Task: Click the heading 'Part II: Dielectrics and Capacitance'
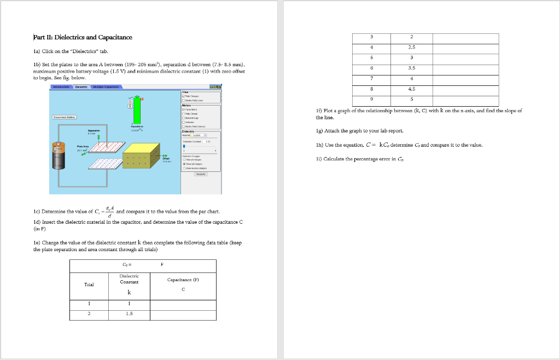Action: click(x=83, y=37)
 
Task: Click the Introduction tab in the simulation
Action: click(x=61, y=86)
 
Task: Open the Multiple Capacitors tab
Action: click(x=106, y=86)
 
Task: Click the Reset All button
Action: click(x=201, y=174)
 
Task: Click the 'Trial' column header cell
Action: click(x=89, y=284)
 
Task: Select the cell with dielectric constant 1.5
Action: click(x=130, y=314)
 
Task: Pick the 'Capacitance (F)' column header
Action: click(x=183, y=280)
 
